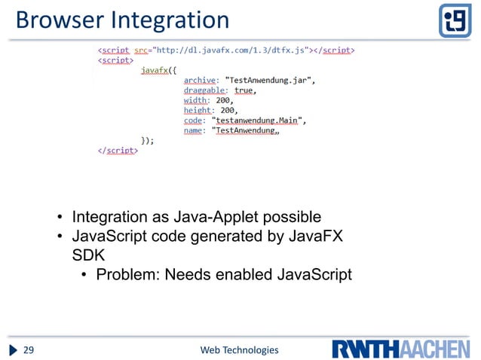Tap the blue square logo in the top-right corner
[x=455, y=20]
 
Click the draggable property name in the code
[x=207, y=90]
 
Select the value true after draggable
[x=244, y=90]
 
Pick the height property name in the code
[x=198, y=110]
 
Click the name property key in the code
[x=194, y=130]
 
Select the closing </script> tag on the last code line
[x=118, y=150]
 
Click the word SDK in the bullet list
[x=74, y=255]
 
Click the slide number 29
[x=31, y=350]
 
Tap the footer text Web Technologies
[x=239, y=350]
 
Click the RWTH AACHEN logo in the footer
[x=401, y=349]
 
